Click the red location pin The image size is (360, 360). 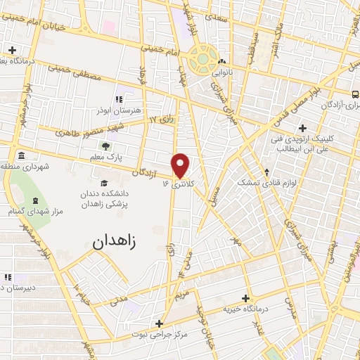pos(181,165)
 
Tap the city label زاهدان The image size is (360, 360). pos(117,243)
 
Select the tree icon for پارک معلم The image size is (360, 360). pos(105,147)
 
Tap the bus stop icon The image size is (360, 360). pos(355,94)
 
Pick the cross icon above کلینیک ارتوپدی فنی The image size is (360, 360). pos(302,128)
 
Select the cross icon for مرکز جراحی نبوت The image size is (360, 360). pos(160,324)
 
